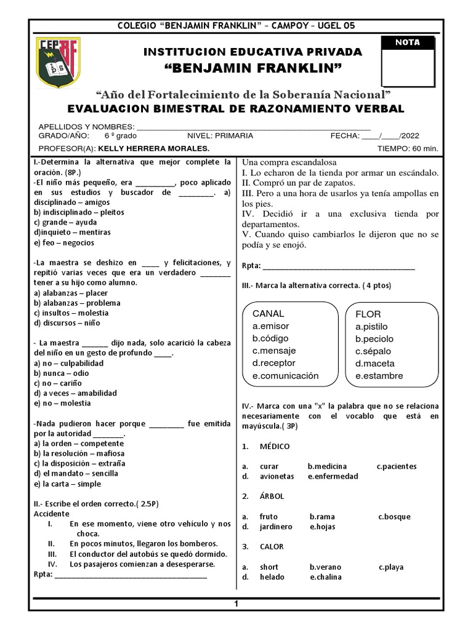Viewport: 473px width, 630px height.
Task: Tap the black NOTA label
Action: point(407,42)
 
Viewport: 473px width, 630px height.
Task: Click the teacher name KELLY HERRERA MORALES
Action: point(153,149)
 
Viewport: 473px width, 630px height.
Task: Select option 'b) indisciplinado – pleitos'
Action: point(79,212)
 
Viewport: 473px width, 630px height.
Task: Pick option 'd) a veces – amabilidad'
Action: point(76,393)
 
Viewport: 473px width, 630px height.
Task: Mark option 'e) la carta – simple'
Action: point(67,484)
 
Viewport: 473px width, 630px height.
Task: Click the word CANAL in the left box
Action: point(269,314)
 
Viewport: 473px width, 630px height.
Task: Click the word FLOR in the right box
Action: point(369,314)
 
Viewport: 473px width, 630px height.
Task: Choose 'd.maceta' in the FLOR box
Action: point(375,364)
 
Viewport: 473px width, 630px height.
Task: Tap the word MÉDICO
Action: point(275,446)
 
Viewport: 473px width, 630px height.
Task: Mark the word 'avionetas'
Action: point(277,476)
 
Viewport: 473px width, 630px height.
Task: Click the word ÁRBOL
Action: point(272,496)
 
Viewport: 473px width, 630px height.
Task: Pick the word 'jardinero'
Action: point(276,527)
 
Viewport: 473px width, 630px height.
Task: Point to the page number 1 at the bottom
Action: point(235,605)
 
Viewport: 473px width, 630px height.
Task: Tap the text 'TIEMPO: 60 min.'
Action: point(407,149)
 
